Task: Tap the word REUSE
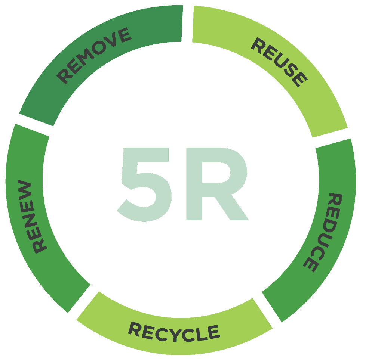279,62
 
